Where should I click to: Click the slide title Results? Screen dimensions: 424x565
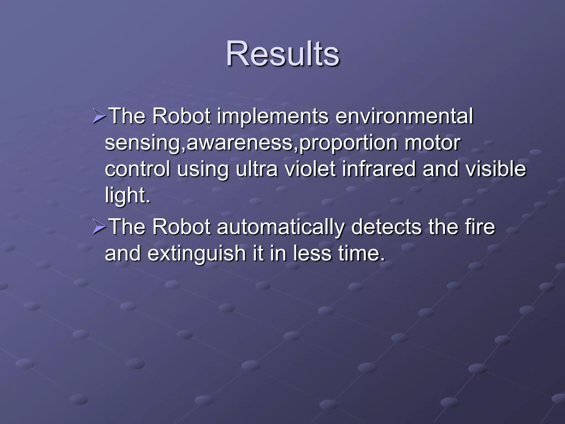click(x=282, y=54)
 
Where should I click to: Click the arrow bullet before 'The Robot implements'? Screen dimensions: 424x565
click(x=99, y=116)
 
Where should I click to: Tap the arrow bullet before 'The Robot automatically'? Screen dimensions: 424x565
click(x=99, y=227)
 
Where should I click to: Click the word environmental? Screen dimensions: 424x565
click(x=404, y=116)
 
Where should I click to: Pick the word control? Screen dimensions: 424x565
click(x=137, y=169)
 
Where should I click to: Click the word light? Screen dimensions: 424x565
click(x=127, y=195)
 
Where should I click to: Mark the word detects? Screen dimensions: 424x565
click(x=386, y=227)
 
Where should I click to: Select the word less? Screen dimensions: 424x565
click(x=312, y=253)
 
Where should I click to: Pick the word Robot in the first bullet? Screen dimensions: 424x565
click(x=181, y=116)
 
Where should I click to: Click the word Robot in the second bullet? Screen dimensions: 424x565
click(x=181, y=227)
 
